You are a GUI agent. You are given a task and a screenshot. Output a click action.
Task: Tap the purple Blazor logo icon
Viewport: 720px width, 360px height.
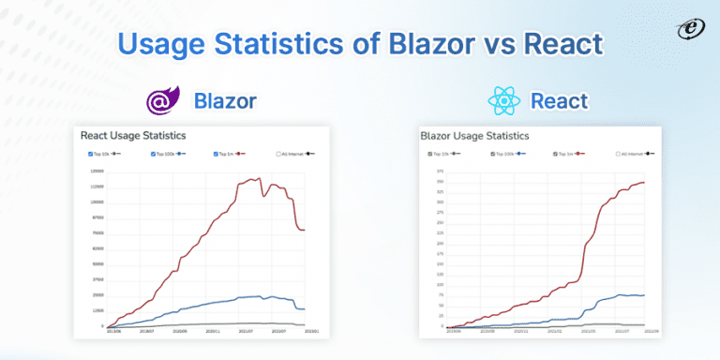[x=161, y=101]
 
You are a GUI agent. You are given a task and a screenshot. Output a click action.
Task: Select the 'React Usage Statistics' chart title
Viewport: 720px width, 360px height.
[x=133, y=136]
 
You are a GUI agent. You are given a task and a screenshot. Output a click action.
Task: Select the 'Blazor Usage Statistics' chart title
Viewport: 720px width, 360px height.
[x=474, y=136]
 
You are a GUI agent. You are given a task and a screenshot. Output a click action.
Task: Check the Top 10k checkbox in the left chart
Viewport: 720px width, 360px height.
[x=90, y=154]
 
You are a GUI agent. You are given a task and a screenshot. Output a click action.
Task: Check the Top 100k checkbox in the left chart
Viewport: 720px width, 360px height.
[x=153, y=154]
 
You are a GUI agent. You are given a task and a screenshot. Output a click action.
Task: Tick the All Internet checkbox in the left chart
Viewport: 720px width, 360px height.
[x=278, y=154]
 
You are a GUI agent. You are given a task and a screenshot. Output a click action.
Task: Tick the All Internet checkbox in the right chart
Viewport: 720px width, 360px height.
[x=619, y=154]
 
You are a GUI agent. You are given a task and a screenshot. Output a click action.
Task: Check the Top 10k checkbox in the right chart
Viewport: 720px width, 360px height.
[x=430, y=154]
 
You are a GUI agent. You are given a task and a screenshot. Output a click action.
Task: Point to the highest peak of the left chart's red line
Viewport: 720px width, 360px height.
[x=256, y=177]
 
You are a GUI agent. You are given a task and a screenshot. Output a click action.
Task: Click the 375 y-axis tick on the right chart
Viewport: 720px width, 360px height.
[x=440, y=172]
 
